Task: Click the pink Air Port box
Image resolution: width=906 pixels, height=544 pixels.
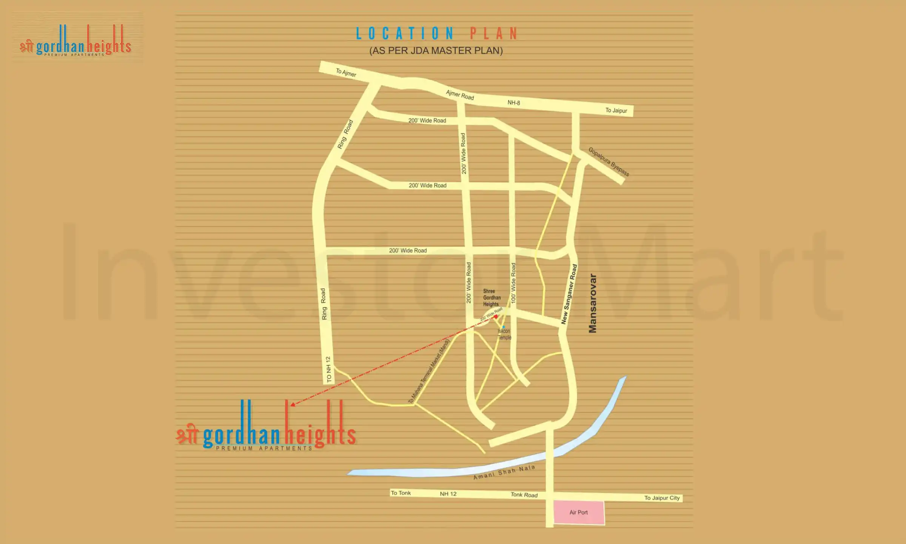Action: [579, 513]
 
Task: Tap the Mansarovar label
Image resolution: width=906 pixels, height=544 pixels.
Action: [593, 303]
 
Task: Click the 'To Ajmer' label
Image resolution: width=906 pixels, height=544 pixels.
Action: [346, 72]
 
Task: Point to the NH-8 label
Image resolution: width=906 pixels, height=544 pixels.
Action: [513, 102]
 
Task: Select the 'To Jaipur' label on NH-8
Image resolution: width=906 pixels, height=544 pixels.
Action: [616, 110]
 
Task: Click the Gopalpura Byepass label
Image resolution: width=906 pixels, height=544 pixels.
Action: [609, 162]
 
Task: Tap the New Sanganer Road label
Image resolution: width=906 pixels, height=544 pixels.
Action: [569, 294]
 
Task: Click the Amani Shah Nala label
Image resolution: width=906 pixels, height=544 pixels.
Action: [504, 472]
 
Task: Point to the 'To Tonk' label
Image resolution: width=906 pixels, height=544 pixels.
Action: [401, 493]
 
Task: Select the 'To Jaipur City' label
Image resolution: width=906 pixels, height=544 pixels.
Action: [662, 498]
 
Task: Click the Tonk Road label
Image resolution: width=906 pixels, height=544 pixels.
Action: [524, 495]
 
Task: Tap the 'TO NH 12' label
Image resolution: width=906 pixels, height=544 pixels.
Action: [328, 369]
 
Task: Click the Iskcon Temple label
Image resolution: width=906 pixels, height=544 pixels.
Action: [504, 334]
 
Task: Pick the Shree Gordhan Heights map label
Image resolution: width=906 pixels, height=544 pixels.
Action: [492, 298]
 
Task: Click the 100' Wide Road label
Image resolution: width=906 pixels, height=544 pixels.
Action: [513, 283]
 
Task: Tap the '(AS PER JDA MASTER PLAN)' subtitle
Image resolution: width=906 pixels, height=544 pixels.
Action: [436, 51]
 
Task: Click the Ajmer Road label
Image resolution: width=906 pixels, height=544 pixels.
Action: [459, 94]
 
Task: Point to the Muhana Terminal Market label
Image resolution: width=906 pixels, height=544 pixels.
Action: [429, 371]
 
